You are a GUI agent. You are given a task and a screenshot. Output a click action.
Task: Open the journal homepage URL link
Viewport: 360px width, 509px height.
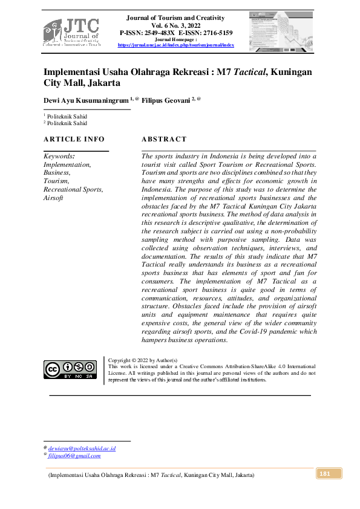(x=175, y=45)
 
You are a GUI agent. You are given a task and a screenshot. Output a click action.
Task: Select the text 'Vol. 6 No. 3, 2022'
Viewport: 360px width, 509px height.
(x=175, y=25)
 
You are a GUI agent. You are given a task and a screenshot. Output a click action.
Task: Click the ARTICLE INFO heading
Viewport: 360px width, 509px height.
(x=74, y=140)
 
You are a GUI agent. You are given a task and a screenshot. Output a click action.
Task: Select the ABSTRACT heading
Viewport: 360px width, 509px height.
(x=160, y=140)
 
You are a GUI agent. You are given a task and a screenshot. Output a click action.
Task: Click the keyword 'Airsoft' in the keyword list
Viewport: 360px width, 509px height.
(x=53, y=198)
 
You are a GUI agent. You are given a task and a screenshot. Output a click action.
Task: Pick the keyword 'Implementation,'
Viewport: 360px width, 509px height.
(x=67, y=164)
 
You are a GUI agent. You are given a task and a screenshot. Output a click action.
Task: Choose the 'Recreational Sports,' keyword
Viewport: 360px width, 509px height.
(x=73, y=190)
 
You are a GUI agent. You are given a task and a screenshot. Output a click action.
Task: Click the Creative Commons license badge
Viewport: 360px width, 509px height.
(x=70, y=369)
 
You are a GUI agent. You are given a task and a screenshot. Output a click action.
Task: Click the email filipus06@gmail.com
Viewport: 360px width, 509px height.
(x=74, y=456)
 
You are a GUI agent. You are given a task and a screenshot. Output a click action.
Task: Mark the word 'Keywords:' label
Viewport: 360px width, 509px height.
(x=59, y=156)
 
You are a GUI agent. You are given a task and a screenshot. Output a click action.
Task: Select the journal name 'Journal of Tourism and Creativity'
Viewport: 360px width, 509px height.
(x=175, y=18)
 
